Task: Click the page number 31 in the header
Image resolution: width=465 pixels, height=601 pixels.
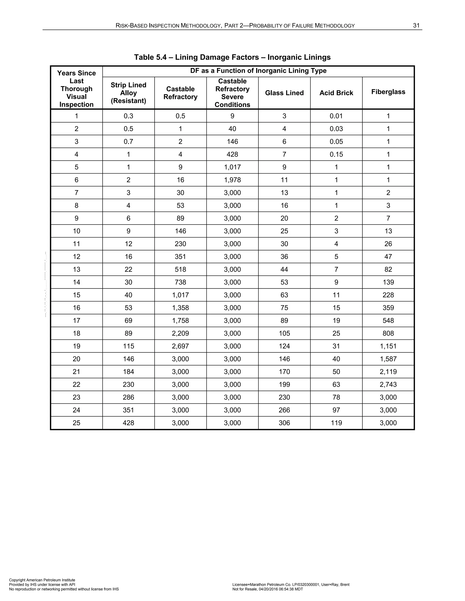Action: click(416, 26)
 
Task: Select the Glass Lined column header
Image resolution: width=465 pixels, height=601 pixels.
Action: click(284, 93)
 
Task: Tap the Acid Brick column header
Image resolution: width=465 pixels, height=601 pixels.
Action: click(336, 93)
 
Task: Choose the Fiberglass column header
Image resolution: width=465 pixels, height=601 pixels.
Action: click(388, 92)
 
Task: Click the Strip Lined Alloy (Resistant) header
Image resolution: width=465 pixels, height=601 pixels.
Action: click(128, 93)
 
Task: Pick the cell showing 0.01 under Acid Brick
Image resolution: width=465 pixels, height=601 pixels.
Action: click(336, 116)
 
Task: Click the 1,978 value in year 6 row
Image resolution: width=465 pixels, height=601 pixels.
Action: click(232, 180)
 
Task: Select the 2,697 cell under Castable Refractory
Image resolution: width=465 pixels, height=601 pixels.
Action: click(181, 346)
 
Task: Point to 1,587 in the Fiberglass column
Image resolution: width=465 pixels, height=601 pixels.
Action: click(388, 359)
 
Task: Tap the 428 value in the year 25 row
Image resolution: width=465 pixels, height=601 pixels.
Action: click(128, 423)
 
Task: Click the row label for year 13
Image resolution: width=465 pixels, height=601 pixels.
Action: click(77, 269)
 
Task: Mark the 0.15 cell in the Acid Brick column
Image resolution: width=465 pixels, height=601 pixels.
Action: click(336, 154)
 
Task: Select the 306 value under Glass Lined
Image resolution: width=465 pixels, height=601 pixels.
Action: click(284, 423)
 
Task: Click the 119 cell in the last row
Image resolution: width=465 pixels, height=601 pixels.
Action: click(336, 423)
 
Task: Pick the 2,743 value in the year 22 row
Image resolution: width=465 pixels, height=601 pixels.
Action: click(388, 384)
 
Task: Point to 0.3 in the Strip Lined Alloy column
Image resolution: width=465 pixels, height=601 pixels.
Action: click(128, 116)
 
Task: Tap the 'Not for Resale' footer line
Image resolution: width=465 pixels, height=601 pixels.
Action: click(267, 589)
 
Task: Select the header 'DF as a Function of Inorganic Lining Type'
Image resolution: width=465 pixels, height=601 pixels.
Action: click(258, 71)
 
